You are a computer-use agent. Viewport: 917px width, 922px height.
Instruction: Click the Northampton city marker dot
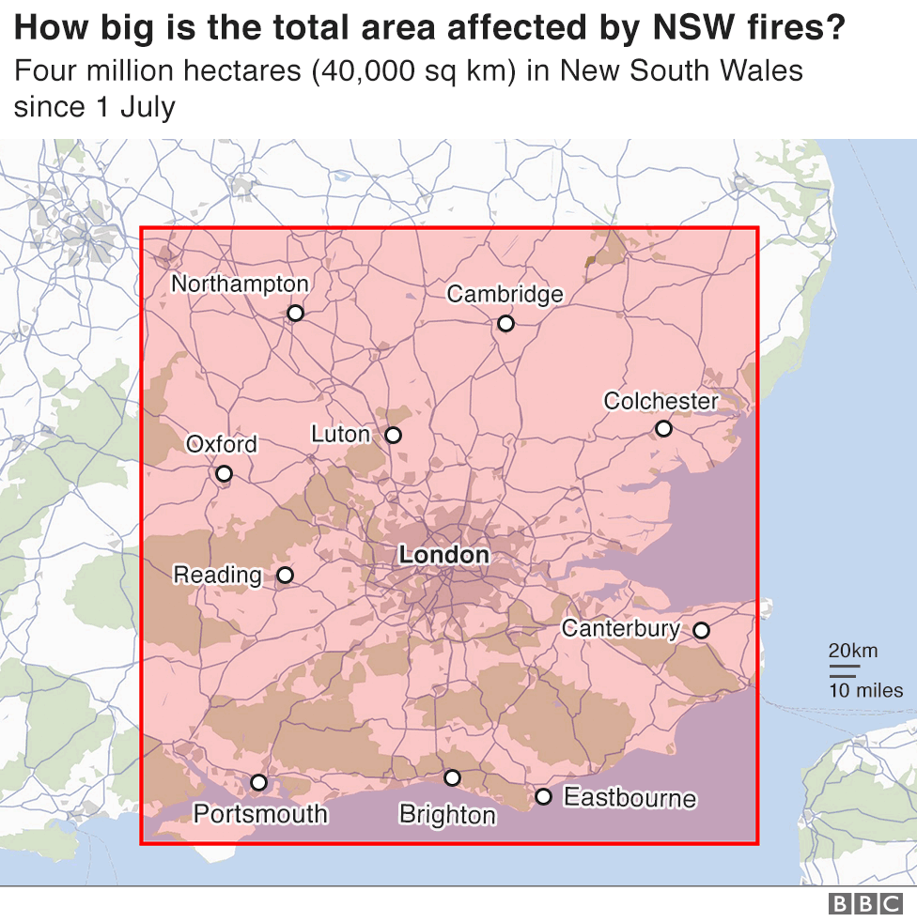(x=295, y=313)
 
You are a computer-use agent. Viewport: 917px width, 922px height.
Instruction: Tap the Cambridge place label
(x=505, y=294)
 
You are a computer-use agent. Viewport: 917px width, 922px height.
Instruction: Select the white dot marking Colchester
(x=663, y=428)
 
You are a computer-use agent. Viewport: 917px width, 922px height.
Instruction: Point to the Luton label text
(x=340, y=434)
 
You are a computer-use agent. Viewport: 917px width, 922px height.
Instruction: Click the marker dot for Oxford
(x=224, y=473)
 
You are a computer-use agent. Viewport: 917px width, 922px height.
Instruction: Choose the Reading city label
(x=217, y=575)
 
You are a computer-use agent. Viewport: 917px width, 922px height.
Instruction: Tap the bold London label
(x=443, y=555)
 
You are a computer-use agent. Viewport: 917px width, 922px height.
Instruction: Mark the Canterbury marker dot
(x=701, y=630)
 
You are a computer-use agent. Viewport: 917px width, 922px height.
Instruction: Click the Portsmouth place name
(x=260, y=813)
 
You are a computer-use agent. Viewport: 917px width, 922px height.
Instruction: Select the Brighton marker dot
(x=452, y=777)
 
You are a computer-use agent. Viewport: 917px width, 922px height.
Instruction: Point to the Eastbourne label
(x=629, y=798)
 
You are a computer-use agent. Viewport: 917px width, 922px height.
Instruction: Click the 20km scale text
(x=852, y=651)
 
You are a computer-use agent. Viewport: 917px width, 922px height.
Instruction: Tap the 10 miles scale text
(x=864, y=691)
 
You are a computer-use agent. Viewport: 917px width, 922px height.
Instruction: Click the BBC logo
(x=864, y=903)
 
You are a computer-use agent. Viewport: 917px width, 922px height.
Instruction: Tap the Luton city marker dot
(x=393, y=435)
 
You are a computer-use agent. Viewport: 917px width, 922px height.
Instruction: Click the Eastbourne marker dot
(x=543, y=796)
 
